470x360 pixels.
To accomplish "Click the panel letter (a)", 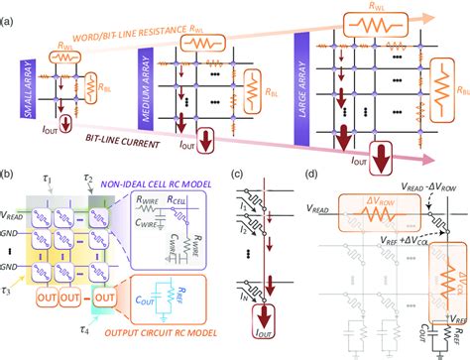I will point(11,8).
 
